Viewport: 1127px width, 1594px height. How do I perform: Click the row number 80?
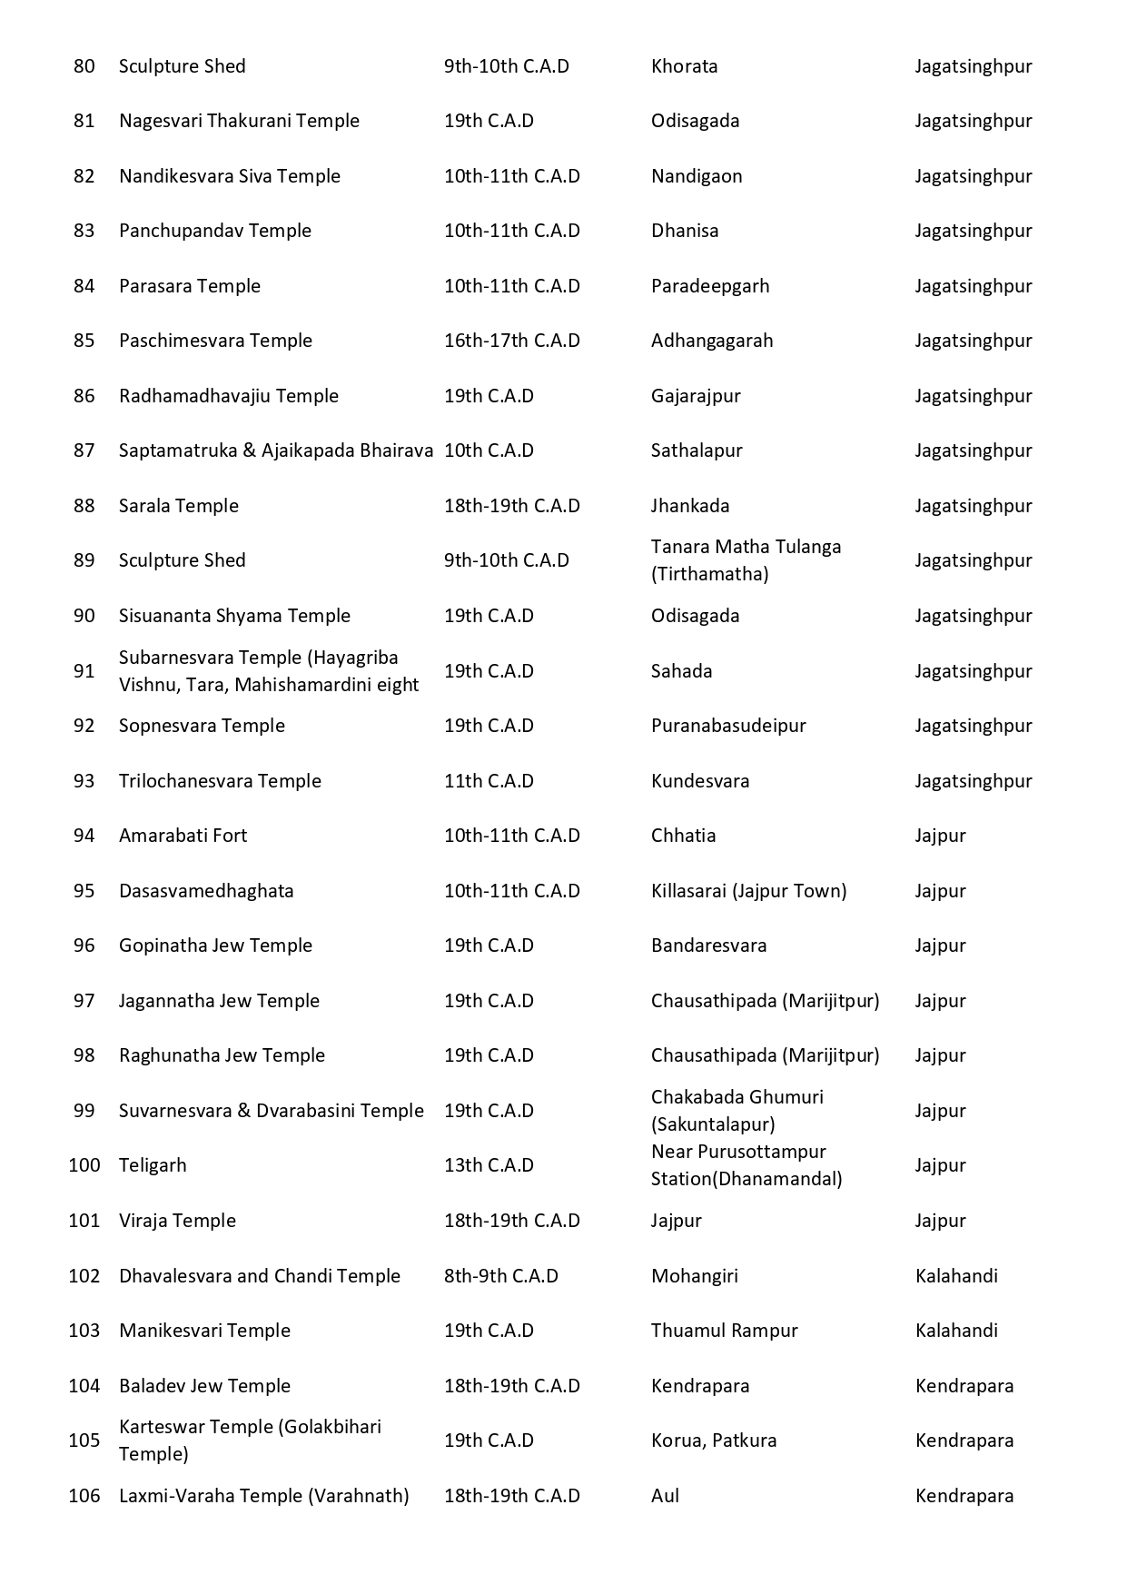(84, 66)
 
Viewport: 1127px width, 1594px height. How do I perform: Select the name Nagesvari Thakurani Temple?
(239, 121)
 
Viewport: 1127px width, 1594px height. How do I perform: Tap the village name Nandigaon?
(697, 176)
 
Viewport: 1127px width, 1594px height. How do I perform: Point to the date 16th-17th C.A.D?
(511, 341)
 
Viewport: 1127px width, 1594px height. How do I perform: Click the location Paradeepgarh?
(710, 286)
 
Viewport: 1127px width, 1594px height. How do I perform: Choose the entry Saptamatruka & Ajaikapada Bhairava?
(276, 450)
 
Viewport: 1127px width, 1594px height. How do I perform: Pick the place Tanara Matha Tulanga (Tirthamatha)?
(746, 560)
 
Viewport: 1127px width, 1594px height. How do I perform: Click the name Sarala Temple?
(179, 506)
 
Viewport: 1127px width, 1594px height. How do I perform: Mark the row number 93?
(84, 781)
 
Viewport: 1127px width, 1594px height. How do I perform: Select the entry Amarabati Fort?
(183, 836)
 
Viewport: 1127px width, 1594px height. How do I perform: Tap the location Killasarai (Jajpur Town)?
(748, 891)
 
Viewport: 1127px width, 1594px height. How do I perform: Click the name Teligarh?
(153, 1165)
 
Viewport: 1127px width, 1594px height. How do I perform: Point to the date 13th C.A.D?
(489, 1165)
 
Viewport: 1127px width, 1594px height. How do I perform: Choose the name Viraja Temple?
(177, 1221)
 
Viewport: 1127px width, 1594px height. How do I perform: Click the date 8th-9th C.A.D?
(500, 1276)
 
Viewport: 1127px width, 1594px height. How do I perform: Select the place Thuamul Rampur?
(724, 1331)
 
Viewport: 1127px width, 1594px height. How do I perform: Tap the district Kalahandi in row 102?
(956, 1276)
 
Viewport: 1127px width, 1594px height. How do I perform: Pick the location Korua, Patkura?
(714, 1441)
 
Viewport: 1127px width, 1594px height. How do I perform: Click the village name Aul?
(665, 1496)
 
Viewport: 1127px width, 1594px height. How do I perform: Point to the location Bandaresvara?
(708, 946)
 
